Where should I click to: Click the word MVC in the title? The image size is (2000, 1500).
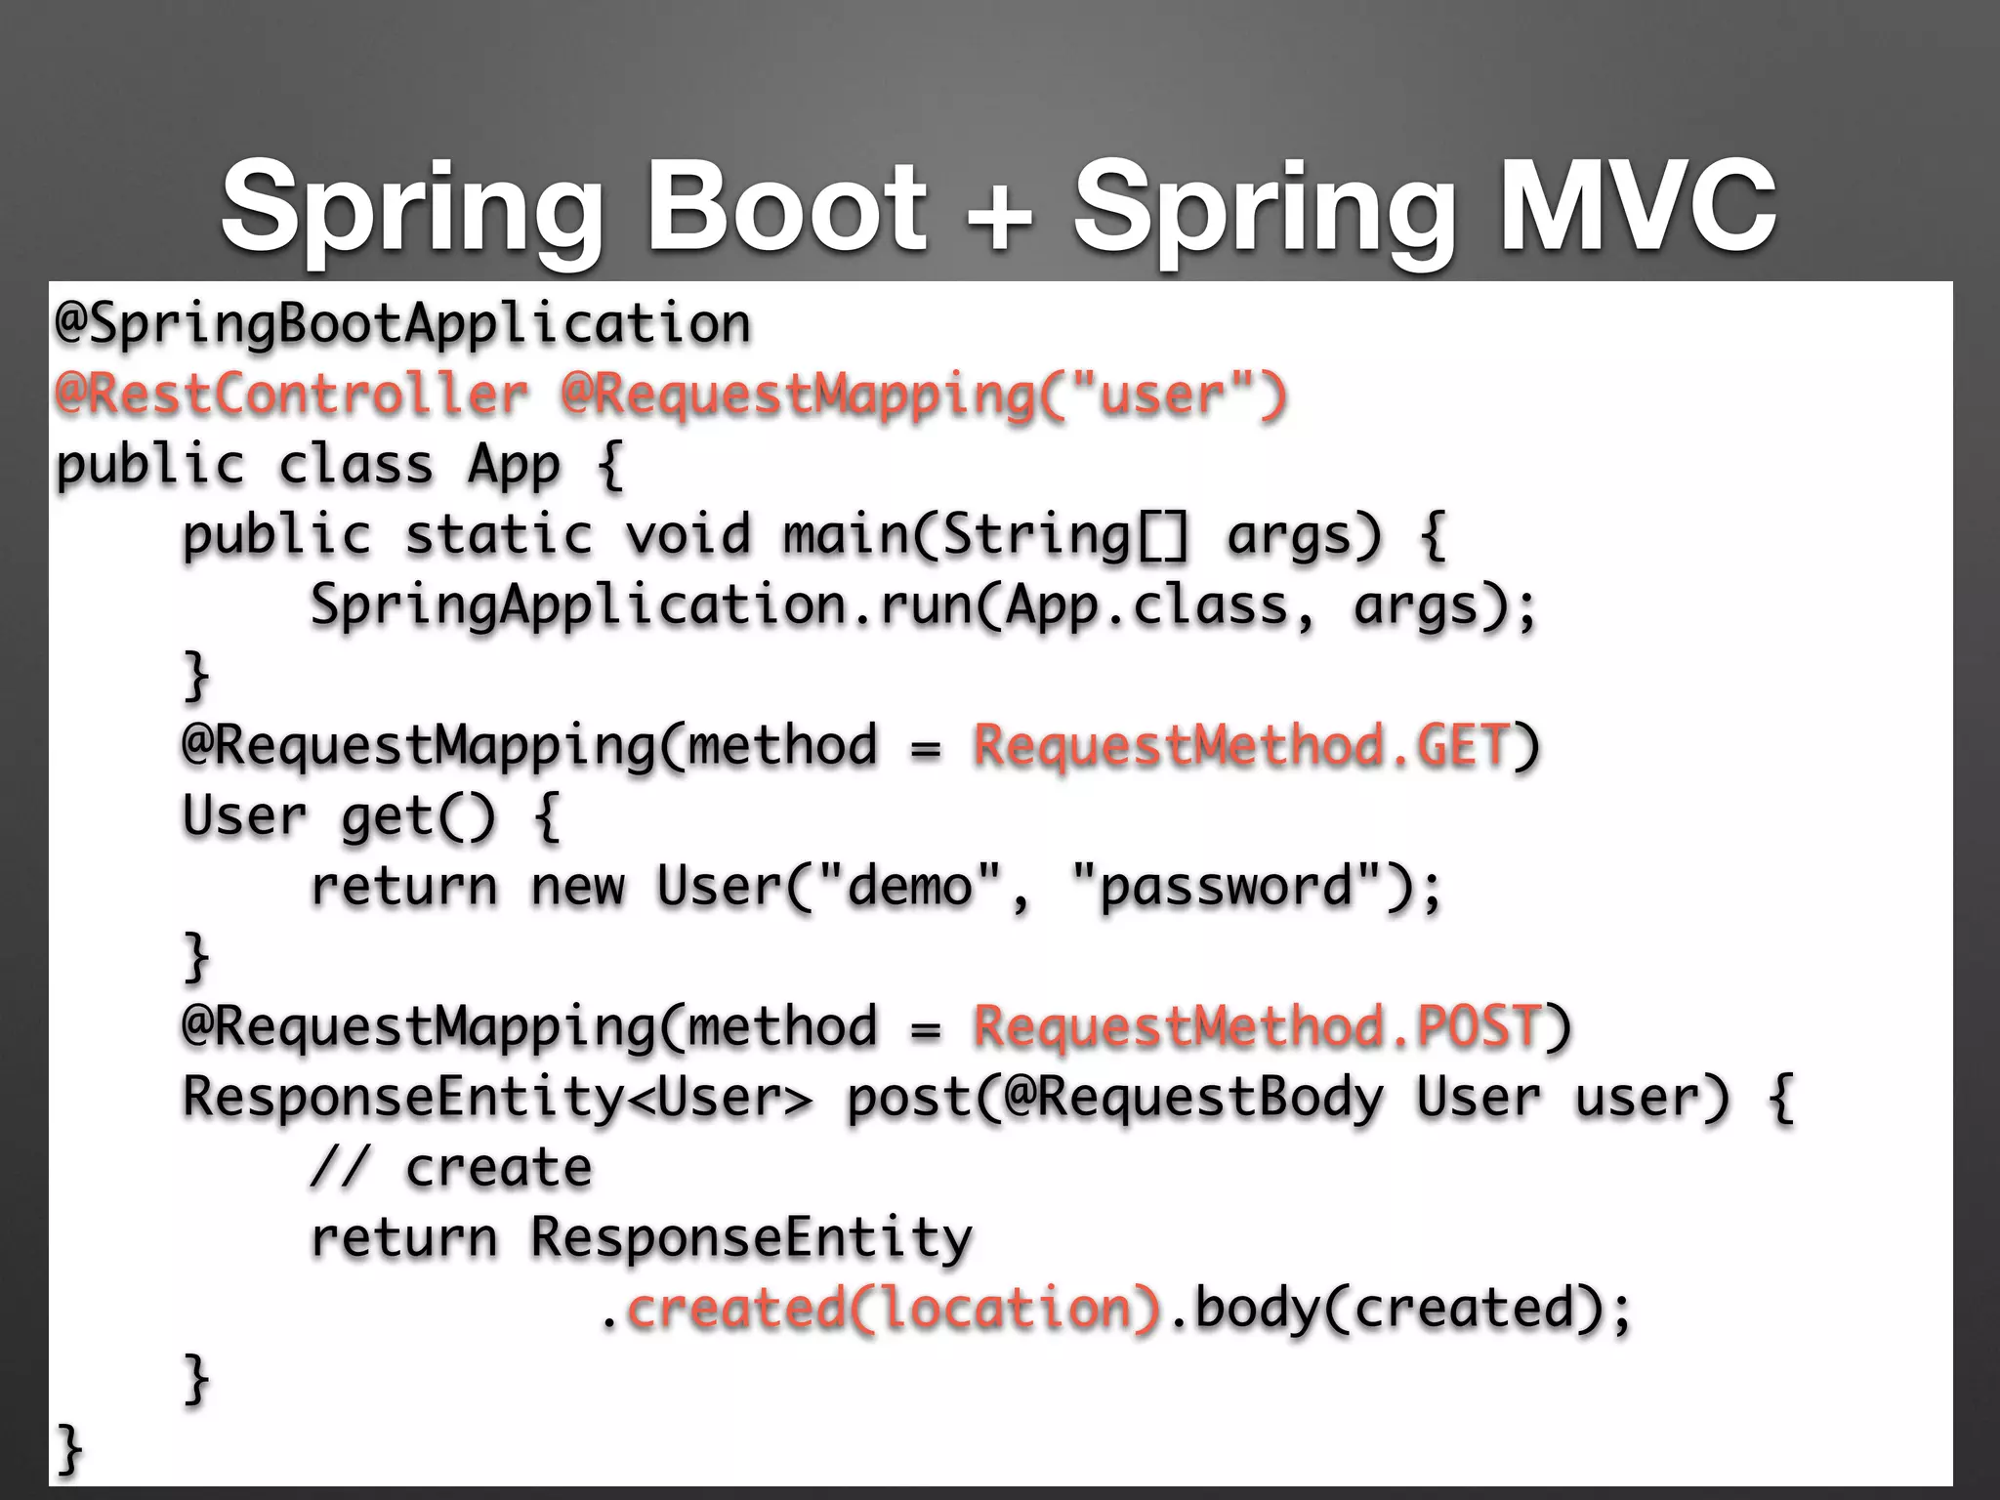1637,208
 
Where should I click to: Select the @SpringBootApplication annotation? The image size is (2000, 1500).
402,325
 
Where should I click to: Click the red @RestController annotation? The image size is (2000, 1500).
291,396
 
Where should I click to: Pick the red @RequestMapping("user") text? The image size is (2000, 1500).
924,396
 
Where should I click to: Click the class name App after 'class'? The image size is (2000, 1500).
514,466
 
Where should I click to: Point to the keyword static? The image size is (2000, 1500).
498,535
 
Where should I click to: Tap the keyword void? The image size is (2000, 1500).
687,535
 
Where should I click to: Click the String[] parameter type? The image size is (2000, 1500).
1064,535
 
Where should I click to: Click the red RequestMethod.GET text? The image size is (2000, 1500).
1242,746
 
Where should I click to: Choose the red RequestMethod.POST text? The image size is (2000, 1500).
1258,1027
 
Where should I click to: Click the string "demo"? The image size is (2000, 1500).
910,887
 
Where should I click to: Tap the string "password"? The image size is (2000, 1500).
1227,887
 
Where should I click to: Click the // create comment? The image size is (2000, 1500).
451,1168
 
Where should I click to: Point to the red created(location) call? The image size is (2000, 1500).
893,1309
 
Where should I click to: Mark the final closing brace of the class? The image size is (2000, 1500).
68,1449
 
